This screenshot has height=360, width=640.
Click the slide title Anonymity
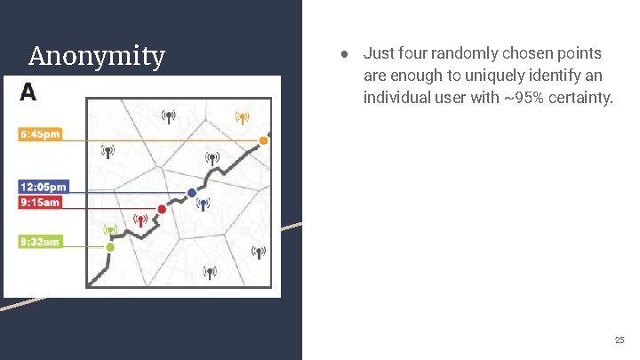(x=96, y=57)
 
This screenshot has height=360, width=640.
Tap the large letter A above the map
(x=28, y=92)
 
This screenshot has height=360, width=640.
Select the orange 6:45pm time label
(x=40, y=134)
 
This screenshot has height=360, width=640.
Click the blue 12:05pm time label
(x=44, y=187)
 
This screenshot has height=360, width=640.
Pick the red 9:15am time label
(x=41, y=202)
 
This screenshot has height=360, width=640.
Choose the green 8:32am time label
(x=40, y=241)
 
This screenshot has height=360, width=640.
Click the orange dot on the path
(x=263, y=140)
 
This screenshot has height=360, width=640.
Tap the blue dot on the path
(x=191, y=194)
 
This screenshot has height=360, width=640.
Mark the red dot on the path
(x=162, y=210)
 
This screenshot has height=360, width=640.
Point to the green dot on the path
(x=110, y=247)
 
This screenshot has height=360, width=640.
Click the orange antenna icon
(x=241, y=117)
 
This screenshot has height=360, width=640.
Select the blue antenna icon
(x=204, y=204)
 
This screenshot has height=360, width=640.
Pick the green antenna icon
(x=110, y=229)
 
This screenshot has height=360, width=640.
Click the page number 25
(x=619, y=340)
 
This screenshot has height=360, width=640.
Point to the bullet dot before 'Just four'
(x=343, y=54)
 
